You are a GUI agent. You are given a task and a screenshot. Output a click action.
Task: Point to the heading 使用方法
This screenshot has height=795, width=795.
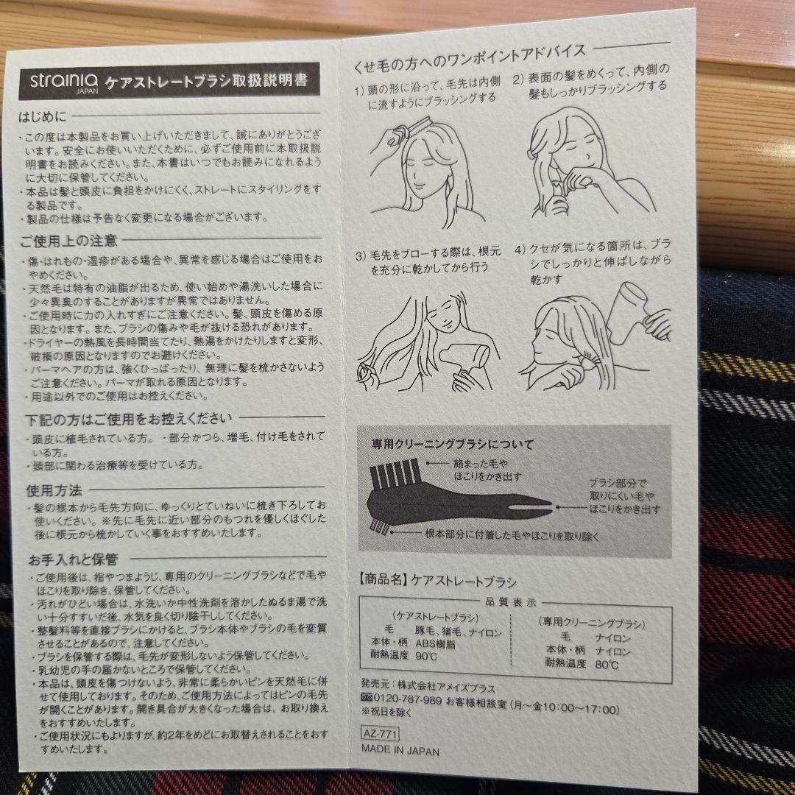[x=54, y=490]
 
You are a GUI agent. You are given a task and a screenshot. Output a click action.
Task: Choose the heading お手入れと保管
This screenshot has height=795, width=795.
[x=73, y=559]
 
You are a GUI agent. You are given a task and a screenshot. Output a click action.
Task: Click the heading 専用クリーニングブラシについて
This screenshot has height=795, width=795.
[x=453, y=445]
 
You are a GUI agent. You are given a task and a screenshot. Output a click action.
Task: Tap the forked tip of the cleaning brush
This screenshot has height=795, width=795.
[x=541, y=507]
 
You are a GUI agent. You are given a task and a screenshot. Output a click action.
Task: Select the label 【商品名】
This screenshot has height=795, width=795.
[x=383, y=580]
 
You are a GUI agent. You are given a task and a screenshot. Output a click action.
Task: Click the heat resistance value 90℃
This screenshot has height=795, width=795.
[x=426, y=656]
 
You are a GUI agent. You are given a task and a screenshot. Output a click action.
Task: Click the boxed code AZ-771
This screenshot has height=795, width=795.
[x=381, y=733]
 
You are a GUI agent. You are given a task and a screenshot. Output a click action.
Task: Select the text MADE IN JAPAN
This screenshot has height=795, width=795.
[x=400, y=751]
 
